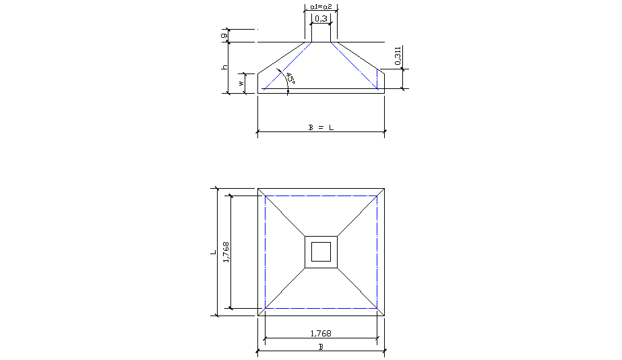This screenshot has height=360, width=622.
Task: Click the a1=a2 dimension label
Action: [321, 6]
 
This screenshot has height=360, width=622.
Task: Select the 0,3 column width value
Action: [321, 19]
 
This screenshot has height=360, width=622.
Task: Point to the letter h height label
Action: [224, 67]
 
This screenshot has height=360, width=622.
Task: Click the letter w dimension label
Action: [241, 84]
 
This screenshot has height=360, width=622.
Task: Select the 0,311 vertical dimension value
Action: [398, 56]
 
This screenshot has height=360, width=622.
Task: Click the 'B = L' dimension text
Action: [321, 127]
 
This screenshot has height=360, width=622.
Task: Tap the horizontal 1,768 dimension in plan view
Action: [321, 333]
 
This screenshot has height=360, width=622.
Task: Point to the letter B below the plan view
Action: [321, 346]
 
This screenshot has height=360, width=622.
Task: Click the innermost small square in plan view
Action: [321, 251]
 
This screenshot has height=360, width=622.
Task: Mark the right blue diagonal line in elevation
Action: [354, 65]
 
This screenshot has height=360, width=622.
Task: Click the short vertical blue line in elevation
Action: [377, 79]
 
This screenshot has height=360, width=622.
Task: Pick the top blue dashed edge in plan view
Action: [321, 196]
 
